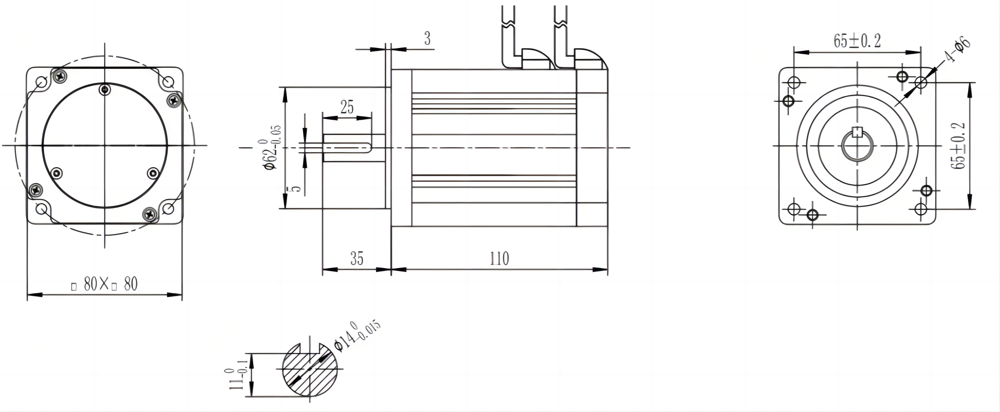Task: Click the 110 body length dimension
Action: pyautogui.click(x=499, y=258)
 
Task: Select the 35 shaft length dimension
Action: pyautogui.click(x=357, y=259)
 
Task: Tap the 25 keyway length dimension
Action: pyautogui.click(x=347, y=107)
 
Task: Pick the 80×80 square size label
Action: pyautogui.click(x=105, y=285)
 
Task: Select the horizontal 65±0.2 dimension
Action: pyautogui.click(x=857, y=41)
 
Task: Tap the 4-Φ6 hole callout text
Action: pyautogui.click(x=956, y=50)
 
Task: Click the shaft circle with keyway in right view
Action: pyautogui.click(x=857, y=145)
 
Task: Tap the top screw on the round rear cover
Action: pyautogui.click(x=105, y=89)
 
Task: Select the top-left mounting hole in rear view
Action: pyautogui.click(x=42, y=82)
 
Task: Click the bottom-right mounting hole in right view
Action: pyautogui.click(x=921, y=209)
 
